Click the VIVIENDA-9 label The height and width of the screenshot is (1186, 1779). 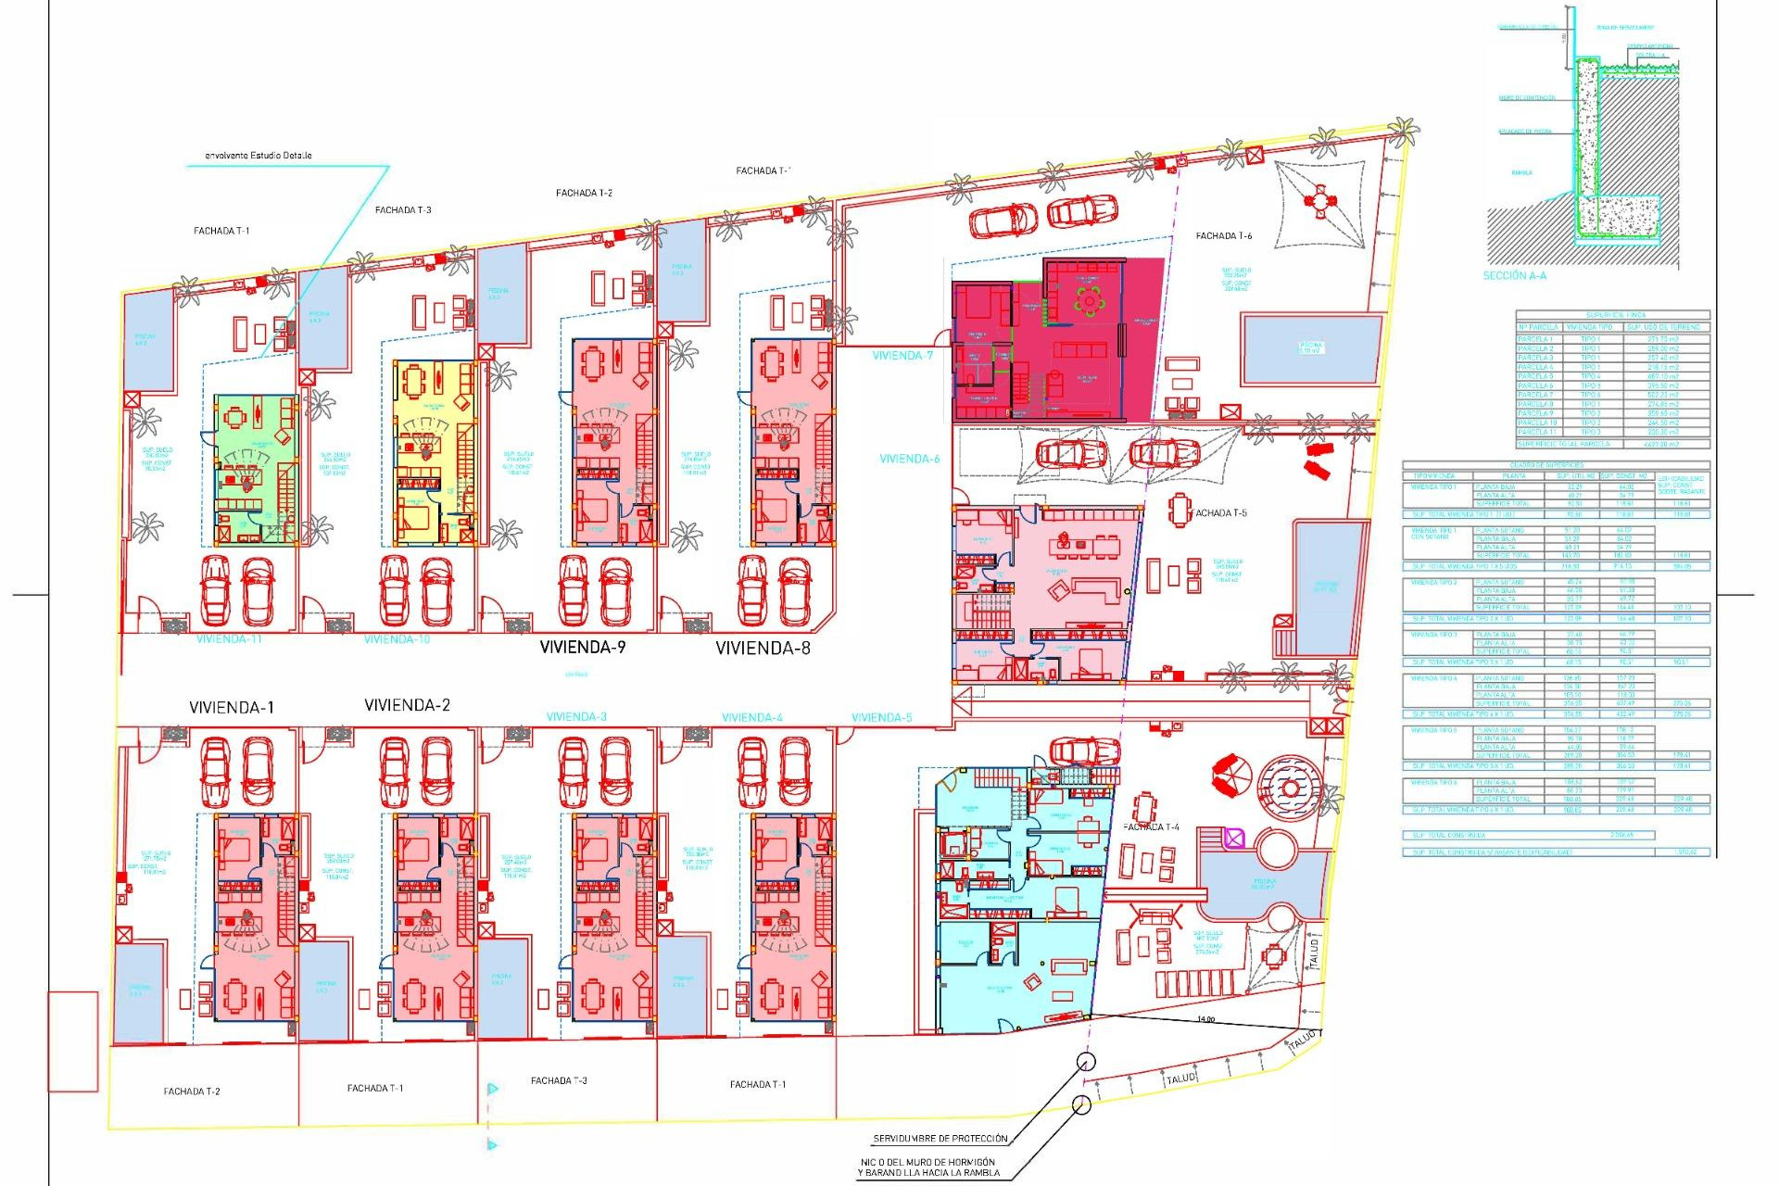point(582,647)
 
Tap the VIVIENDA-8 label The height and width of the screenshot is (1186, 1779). point(763,648)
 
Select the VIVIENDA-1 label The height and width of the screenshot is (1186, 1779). point(231,707)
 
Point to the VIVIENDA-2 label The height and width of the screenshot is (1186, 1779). point(407,705)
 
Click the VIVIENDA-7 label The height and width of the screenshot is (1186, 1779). point(902,356)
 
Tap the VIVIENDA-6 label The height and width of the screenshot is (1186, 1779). point(909,459)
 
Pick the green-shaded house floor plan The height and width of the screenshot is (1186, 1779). point(256,470)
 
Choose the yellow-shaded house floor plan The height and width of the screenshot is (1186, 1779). point(434,452)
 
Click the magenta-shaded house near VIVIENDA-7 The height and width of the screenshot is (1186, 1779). point(1056,340)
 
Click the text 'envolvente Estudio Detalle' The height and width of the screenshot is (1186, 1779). point(258,156)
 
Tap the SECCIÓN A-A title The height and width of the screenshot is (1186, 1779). point(1514,276)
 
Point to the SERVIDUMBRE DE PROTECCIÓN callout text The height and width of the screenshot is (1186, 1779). point(940,1139)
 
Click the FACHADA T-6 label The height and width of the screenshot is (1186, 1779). point(1223,236)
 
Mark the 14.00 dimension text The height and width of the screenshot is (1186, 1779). point(1205,1019)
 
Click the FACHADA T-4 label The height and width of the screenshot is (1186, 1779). point(1151,827)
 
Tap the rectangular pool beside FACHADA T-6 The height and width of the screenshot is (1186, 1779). point(1310,348)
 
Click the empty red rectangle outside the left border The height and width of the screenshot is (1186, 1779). point(73,1041)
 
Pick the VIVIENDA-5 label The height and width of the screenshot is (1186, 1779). point(881,717)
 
